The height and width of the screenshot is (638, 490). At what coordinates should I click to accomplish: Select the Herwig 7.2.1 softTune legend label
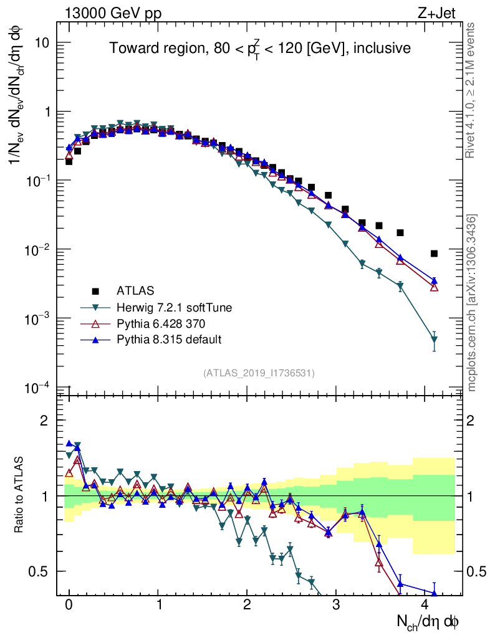pyautogui.click(x=170, y=307)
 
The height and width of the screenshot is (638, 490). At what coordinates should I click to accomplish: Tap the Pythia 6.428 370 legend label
pyautogui.click(x=160, y=323)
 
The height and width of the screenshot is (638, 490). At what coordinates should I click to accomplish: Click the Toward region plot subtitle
pyautogui.click(x=260, y=49)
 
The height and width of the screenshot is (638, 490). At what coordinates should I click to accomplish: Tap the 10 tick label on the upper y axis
pyautogui.click(x=42, y=43)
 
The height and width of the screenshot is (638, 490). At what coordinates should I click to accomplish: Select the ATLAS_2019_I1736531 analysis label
pyautogui.click(x=259, y=373)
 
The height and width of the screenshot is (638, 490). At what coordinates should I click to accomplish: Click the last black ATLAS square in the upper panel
pyautogui.click(x=434, y=254)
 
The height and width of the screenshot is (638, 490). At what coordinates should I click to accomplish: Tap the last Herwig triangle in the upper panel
pyautogui.click(x=434, y=340)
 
